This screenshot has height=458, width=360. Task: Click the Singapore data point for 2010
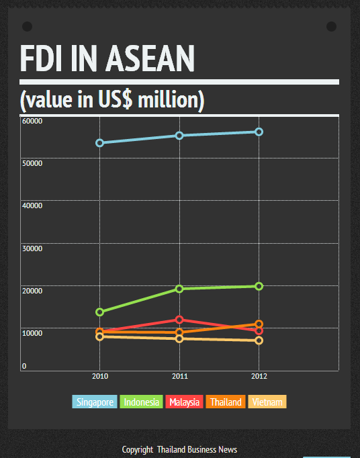100,143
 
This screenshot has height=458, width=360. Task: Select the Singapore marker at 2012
259,132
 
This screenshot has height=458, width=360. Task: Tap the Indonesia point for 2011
179,289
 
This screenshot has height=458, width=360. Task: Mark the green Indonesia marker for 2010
100,312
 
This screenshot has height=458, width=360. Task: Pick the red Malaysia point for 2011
179,320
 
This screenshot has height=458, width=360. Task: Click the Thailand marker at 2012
259,324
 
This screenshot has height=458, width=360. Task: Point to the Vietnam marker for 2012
259,340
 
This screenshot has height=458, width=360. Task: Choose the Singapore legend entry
95,402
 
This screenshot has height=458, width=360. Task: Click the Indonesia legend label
141,402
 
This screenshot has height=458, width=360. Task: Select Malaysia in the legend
184,402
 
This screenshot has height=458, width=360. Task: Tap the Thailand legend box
225,402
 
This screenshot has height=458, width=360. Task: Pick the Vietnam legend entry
267,402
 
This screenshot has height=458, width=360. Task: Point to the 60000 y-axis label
32,121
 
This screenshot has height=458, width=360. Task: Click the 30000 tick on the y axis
32,248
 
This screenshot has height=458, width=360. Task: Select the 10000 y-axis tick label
32,333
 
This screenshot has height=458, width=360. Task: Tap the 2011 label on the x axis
179,377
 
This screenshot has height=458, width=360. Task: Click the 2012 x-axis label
259,377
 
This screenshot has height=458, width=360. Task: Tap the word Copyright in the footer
137,450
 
